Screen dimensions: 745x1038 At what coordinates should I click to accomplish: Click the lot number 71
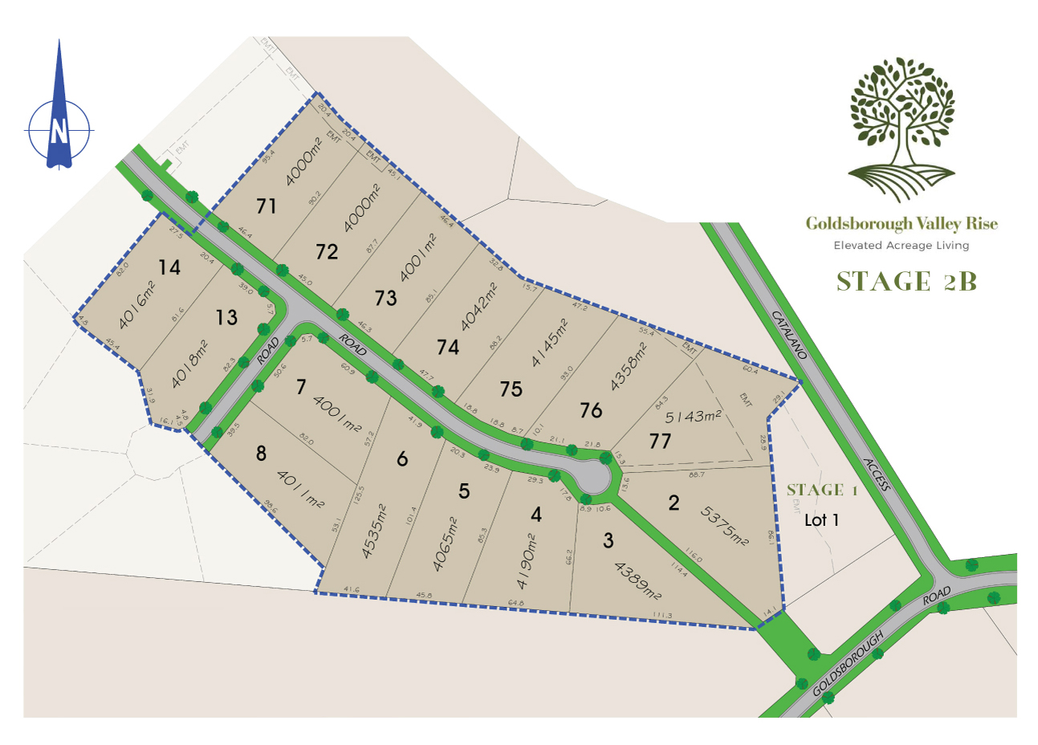coord(267,206)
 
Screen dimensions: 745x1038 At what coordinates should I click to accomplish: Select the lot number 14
coord(169,267)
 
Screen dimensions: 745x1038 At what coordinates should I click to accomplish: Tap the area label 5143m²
coord(694,416)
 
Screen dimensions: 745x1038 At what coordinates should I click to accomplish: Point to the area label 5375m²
coord(724,526)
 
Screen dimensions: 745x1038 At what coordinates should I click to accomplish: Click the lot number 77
coord(660,441)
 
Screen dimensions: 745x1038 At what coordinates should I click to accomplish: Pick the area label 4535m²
coord(375,531)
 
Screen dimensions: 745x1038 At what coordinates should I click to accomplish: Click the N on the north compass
coord(59,130)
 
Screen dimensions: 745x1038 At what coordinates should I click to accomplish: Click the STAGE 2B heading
coord(906,282)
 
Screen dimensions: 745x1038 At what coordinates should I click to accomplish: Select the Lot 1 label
coord(821,520)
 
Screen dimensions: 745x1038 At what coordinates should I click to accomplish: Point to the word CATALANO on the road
coord(789,333)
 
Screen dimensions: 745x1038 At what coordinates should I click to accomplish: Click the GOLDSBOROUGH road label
coord(849,663)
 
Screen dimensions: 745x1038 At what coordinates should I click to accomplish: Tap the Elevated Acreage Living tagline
coord(901,246)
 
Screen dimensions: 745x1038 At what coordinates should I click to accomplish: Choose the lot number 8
coord(261,454)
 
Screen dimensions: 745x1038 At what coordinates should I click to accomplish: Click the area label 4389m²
coord(637,581)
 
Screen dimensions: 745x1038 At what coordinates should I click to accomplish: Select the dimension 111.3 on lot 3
coord(662,616)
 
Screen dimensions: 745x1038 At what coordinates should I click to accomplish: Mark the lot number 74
coord(448,347)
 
